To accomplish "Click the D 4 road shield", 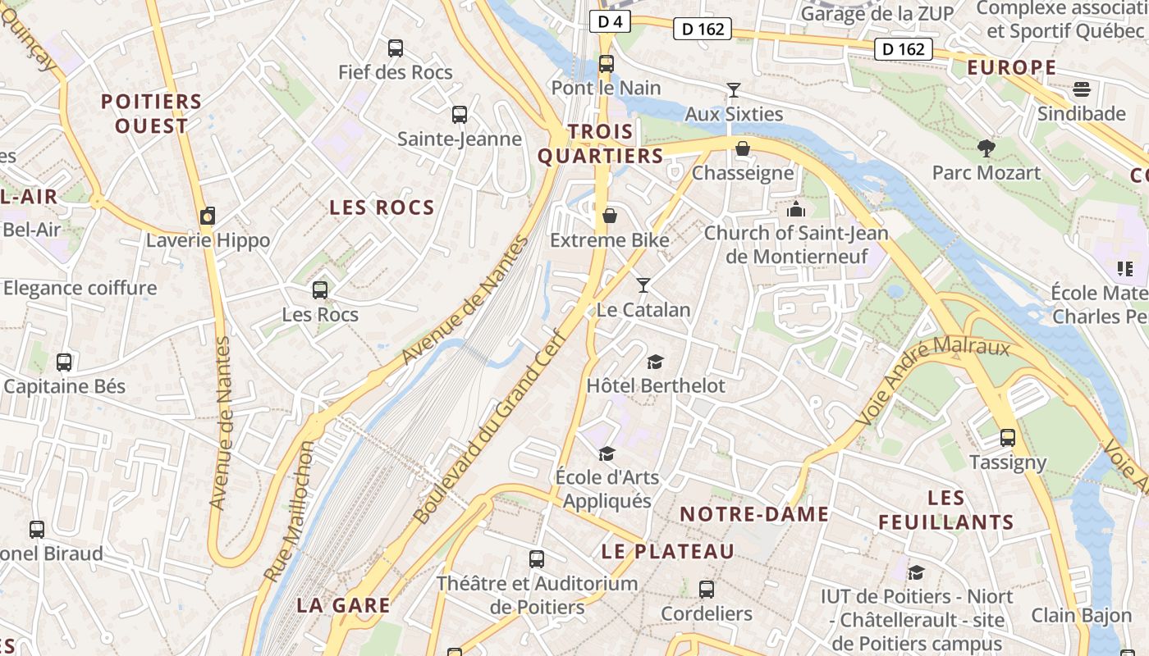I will click(x=609, y=22).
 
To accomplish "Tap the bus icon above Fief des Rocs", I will click(x=396, y=48).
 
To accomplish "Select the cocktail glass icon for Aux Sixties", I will click(x=734, y=89).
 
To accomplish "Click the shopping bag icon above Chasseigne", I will click(x=743, y=148).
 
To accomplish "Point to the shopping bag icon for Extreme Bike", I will click(x=609, y=216).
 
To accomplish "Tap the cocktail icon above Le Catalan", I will click(x=643, y=285).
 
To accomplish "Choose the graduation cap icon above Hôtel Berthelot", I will click(x=655, y=362).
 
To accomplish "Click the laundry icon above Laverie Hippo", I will click(x=208, y=216).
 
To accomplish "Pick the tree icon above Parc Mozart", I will click(x=986, y=148).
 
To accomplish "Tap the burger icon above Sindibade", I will click(x=1082, y=89).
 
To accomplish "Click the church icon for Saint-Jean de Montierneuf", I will click(x=795, y=209).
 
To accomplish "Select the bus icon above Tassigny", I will click(x=1008, y=438).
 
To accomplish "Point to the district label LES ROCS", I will click(x=382, y=207).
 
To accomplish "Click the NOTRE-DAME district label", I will click(x=754, y=514).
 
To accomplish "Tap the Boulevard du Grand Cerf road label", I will click(x=491, y=426).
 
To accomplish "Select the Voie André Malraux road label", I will click(x=933, y=381).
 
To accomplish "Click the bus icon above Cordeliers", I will click(x=706, y=590).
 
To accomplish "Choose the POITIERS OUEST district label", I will click(x=151, y=114).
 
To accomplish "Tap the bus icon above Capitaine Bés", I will click(x=64, y=362).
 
